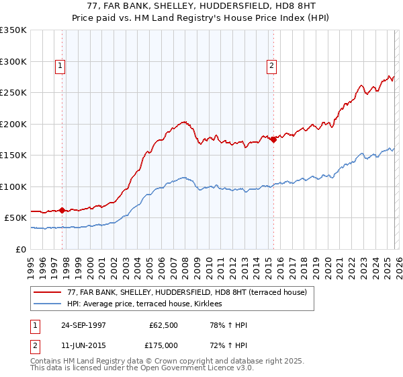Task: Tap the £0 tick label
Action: [x=21, y=249]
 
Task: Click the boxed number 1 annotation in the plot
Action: [x=60, y=66]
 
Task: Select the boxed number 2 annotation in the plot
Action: [x=271, y=66]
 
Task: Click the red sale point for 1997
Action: [x=62, y=210]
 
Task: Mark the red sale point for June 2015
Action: [x=273, y=139]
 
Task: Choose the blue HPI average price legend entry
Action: [x=149, y=304]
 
